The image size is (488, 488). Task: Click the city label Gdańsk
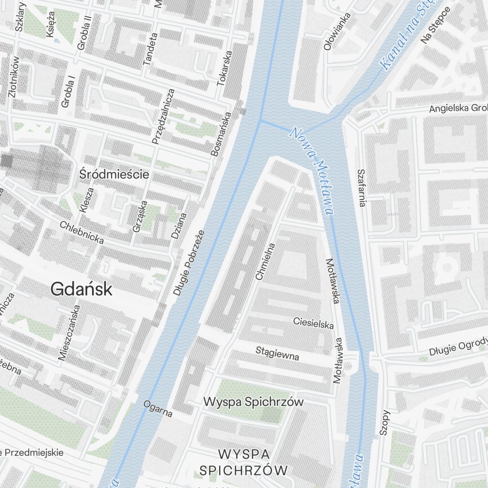coord(81,289)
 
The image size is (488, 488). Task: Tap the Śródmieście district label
coord(115,174)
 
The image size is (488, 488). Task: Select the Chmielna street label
coord(265,262)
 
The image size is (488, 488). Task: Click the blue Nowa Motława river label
coord(312,171)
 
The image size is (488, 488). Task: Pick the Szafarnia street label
coord(361,188)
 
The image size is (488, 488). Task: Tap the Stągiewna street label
coord(277,353)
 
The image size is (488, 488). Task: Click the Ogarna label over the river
coord(158,408)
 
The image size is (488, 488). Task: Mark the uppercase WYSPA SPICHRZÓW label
coord(244,462)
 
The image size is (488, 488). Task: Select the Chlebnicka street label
coord(81,232)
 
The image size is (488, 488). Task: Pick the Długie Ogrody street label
coord(458,346)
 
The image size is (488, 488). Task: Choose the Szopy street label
coord(386,422)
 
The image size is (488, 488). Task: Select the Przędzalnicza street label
coord(163,116)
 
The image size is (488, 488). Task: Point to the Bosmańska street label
coord(220,134)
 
